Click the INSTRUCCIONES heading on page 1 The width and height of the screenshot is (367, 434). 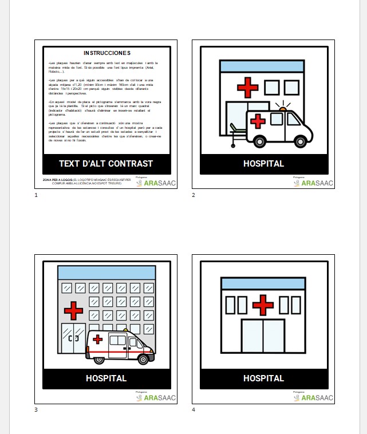tap(106, 53)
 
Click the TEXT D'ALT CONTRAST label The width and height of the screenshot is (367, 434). tap(106, 164)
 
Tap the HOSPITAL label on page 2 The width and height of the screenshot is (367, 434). tap(263, 164)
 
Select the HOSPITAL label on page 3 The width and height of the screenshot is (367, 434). tap(106, 378)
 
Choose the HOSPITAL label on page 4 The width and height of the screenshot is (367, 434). tap(263, 378)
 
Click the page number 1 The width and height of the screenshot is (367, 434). tap(36, 195)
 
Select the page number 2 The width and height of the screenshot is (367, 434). tap(194, 195)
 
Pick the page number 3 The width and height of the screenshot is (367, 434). tap(36, 410)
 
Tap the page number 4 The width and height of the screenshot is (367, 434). tap(194, 410)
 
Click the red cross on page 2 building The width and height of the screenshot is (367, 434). tap(247, 88)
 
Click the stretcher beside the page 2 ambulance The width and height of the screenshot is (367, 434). tap(236, 133)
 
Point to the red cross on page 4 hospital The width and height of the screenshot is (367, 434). tap(263, 305)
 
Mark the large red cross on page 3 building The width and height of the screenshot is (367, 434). tap(73, 310)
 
